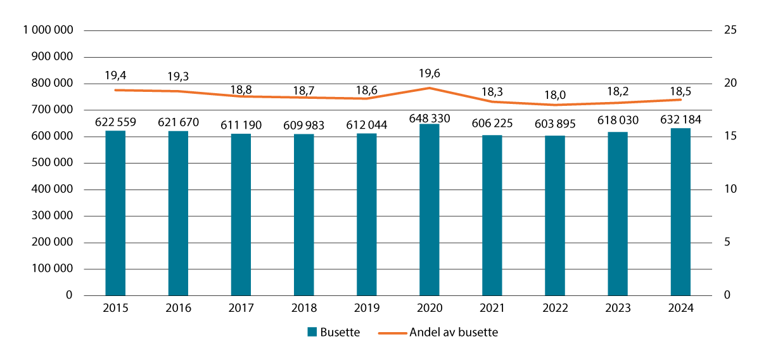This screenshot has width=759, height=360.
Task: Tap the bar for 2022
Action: tap(555, 215)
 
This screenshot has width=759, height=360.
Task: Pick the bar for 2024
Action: tap(680, 212)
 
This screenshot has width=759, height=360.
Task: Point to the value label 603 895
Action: tap(555, 124)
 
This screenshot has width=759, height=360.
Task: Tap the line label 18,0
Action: tap(555, 95)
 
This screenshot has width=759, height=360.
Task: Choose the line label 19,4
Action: tap(115, 75)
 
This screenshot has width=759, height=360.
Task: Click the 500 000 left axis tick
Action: tap(53, 163)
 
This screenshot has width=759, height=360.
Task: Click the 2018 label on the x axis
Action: tap(303, 308)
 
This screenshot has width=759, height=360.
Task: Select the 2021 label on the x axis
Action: tap(492, 308)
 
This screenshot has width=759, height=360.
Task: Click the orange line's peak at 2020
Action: tap(429, 88)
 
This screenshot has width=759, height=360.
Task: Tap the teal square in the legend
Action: tap(312, 333)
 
